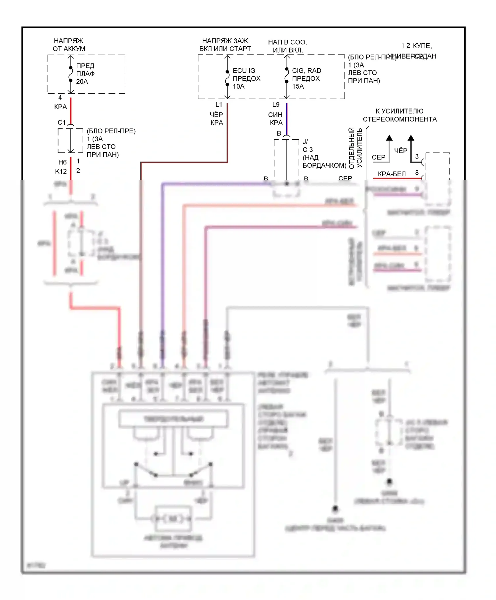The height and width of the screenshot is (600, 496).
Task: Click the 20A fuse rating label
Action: pyautogui.click(x=82, y=82)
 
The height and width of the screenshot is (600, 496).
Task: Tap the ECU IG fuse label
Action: pyautogui.click(x=244, y=70)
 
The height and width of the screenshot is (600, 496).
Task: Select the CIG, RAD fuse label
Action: pyautogui.click(x=307, y=70)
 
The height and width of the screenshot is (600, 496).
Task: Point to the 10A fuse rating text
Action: pyautogui.click(x=238, y=86)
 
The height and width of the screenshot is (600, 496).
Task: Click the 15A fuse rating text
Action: pyautogui.click(x=298, y=86)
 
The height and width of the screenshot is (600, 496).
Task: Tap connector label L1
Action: pyautogui.click(x=219, y=105)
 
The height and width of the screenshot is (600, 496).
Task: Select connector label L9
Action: pyautogui.click(x=276, y=105)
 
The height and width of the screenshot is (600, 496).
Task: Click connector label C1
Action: pyautogui.click(x=62, y=122)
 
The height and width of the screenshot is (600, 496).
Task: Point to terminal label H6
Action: pyautogui.click(x=62, y=162)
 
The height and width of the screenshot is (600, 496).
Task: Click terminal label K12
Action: pyautogui.click(x=61, y=171)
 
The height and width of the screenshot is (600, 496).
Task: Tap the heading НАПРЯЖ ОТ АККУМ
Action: pyautogui.click(x=69, y=45)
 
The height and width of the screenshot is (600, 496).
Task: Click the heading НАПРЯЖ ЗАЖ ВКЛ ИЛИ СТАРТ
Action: pyautogui.click(x=225, y=45)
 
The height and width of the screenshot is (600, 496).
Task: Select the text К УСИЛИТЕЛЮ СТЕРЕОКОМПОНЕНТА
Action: pyautogui.click(x=399, y=115)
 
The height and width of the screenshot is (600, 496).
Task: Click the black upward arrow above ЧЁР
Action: pyautogui.click(x=411, y=138)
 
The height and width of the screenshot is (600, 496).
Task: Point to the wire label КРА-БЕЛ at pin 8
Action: pyautogui.click(x=392, y=174)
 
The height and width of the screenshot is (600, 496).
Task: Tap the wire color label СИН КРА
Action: pyautogui.click(x=275, y=119)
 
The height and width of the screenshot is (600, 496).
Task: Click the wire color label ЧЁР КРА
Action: pyautogui.click(x=217, y=119)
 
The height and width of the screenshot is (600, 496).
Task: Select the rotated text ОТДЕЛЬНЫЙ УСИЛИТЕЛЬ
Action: pyautogui.click(x=356, y=148)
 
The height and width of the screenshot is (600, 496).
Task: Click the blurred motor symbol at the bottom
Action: pyautogui.click(x=173, y=519)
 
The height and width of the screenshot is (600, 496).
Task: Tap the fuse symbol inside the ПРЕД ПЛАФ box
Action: pyautogui.click(x=71, y=74)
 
